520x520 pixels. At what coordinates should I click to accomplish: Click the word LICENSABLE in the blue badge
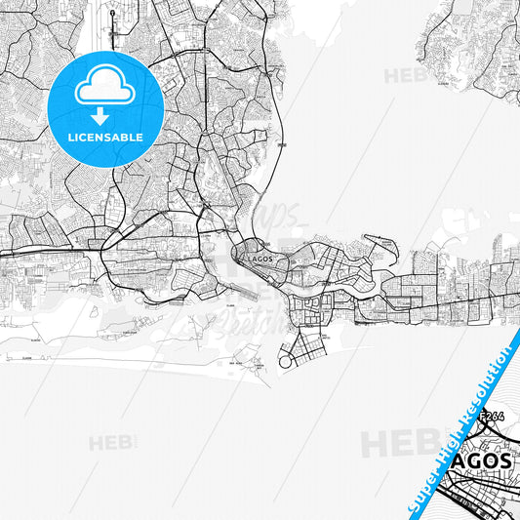tap(104, 137)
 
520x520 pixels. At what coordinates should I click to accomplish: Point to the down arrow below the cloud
tap(104, 114)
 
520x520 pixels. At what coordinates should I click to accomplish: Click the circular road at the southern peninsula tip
tap(287, 361)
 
